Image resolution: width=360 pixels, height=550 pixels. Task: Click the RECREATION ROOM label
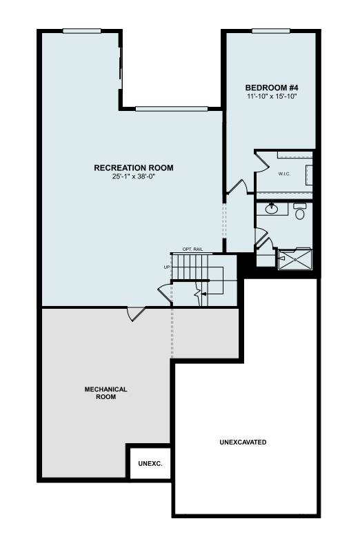134,168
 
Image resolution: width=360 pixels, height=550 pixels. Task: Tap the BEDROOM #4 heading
272,88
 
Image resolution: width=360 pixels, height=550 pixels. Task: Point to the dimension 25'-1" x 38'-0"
134,176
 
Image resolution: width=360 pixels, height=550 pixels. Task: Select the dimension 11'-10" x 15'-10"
272,96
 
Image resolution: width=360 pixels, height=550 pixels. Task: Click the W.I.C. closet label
284,174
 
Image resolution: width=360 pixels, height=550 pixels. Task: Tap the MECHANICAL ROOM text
106,394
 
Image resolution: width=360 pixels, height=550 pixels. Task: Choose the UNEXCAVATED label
243,442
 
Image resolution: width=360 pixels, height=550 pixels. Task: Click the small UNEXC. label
150,464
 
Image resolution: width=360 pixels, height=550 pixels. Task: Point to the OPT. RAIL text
192,249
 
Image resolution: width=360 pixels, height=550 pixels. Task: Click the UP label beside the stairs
167,267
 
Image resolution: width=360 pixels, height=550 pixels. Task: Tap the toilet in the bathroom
299,211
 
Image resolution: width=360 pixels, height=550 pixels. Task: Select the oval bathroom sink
272,209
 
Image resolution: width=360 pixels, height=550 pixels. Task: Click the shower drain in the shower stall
295,260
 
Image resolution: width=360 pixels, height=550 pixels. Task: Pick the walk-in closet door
261,161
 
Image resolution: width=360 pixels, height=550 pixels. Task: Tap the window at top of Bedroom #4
271,31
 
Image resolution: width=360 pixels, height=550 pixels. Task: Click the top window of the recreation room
82,31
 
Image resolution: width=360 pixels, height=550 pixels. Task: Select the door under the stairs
166,293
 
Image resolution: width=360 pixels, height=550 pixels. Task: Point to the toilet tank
300,206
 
